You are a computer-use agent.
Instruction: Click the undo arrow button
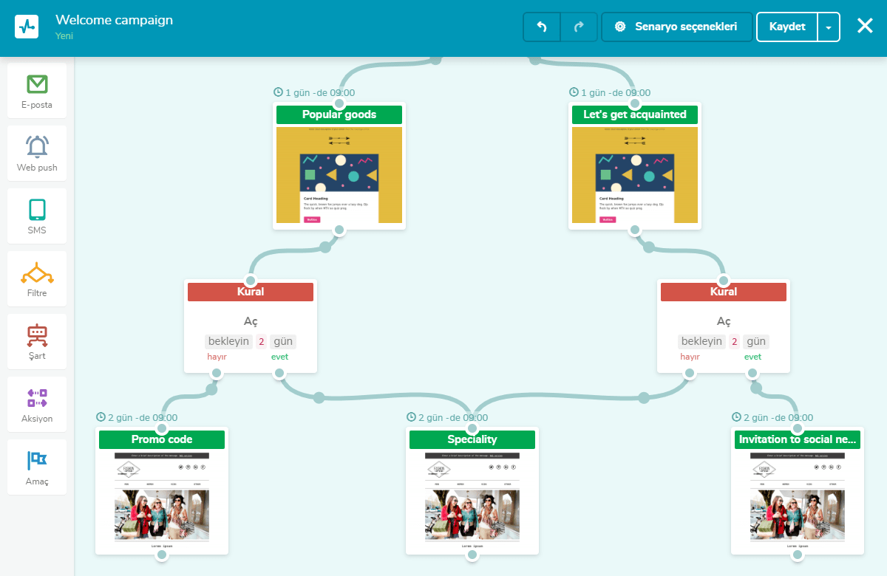click(542, 27)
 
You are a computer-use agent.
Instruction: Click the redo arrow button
click(579, 27)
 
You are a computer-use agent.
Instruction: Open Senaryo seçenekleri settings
click(676, 27)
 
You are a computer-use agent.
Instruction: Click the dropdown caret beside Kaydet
click(829, 27)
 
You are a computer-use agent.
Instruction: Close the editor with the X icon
click(865, 27)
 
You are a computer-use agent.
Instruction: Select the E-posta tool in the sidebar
click(37, 91)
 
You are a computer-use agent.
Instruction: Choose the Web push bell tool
click(37, 154)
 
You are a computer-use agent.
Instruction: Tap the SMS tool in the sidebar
click(37, 216)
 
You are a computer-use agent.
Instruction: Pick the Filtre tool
click(37, 279)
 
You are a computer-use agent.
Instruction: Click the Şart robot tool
click(37, 342)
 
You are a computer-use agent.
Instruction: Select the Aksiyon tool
click(37, 405)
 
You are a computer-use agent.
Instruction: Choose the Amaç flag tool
click(37, 467)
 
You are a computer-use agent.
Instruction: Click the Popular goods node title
click(339, 114)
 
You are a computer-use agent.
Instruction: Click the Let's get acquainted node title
click(635, 114)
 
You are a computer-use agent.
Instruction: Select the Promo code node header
click(162, 439)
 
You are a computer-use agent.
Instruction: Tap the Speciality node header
click(472, 439)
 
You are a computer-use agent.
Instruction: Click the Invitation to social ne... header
click(798, 439)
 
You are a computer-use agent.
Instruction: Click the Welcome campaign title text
click(114, 20)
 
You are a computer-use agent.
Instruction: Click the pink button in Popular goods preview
click(312, 219)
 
